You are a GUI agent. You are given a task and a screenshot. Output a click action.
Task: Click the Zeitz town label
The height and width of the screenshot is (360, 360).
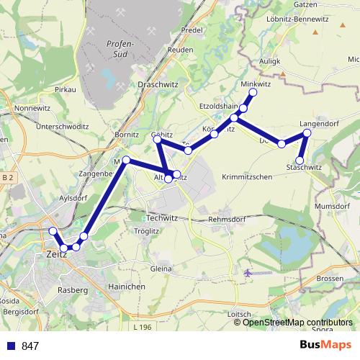pos(55,255)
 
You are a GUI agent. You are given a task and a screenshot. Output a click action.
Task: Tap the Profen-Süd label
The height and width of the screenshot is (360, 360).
pos(117,50)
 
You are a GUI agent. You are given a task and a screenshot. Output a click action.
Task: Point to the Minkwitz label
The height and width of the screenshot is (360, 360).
pos(256,84)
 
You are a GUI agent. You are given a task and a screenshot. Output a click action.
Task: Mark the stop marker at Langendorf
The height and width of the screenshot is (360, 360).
pos(307,133)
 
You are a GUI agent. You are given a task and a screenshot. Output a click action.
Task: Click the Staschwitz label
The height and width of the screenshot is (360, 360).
pos(303,167)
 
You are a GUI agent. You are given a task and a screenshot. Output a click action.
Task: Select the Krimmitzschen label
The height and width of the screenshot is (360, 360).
pos(247,177)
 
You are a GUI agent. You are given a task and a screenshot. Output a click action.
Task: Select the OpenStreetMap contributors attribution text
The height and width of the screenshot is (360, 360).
pos(297,322)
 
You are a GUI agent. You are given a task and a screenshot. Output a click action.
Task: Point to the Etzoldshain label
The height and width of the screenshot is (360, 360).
pos(220,106)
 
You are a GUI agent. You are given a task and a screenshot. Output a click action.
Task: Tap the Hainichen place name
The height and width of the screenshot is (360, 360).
pos(125,287)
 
